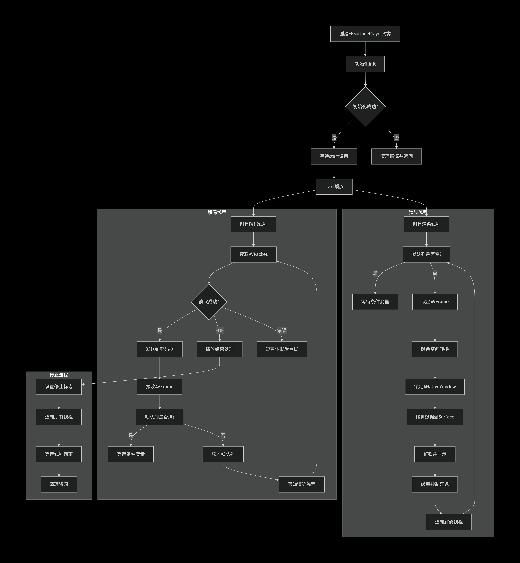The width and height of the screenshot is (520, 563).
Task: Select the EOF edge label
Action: (x=220, y=330)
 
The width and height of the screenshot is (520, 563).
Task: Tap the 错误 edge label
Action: (x=282, y=330)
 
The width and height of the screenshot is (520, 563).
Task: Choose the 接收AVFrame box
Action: (x=160, y=387)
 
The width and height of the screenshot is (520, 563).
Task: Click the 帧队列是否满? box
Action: (x=160, y=417)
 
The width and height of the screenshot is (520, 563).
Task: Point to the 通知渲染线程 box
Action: (x=302, y=484)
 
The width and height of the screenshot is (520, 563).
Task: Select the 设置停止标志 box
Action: (x=59, y=387)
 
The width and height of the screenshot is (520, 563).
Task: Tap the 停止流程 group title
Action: (x=59, y=375)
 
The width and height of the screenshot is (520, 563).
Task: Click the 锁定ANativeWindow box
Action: (x=435, y=387)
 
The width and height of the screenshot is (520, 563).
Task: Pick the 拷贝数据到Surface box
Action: (x=435, y=417)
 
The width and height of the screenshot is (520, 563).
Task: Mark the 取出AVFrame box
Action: (x=435, y=302)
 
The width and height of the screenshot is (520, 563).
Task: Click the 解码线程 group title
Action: (x=217, y=212)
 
